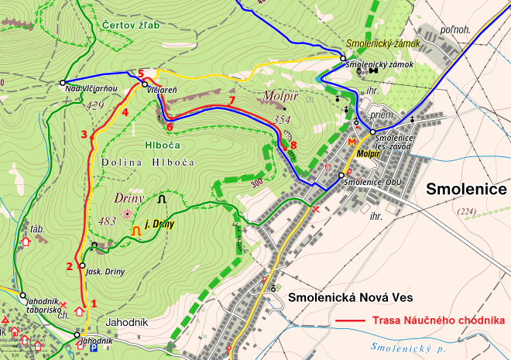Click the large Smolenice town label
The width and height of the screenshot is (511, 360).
pyautogui.click(x=466, y=190)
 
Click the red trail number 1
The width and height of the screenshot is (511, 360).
pyautogui.click(x=94, y=303)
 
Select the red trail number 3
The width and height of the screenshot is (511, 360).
pyautogui.click(x=84, y=135)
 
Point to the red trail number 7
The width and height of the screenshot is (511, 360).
pyautogui.click(x=231, y=101)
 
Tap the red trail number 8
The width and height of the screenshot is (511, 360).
pyautogui.click(x=293, y=144)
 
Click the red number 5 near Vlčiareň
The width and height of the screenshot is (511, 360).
pyautogui.click(x=141, y=74)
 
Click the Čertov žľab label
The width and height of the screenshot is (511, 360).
pyautogui.click(x=130, y=26)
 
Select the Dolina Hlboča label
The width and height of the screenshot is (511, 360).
pyautogui.click(x=147, y=162)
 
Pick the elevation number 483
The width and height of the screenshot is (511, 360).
pyautogui.click(x=108, y=221)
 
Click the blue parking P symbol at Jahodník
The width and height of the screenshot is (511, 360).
pyautogui.click(x=94, y=348)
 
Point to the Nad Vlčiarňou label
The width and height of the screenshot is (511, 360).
pyautogui.click(x=91, y=89)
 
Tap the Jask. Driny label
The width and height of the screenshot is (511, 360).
pyautogui.click(x=105, y=272)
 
